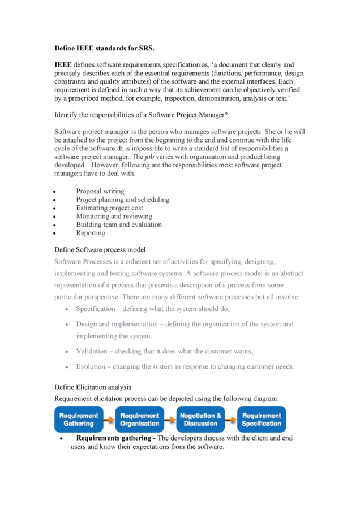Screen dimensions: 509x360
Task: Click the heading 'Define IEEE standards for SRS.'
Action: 104,49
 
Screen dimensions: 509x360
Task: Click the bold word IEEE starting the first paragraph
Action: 63,65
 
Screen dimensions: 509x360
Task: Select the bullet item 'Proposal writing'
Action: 100,191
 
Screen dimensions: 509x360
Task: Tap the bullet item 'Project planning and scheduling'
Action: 122,200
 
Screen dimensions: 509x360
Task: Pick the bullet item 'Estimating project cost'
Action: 109,208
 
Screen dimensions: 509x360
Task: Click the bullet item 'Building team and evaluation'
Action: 119,225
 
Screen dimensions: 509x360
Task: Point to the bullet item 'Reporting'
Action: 91,232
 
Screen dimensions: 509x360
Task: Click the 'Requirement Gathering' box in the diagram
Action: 79,419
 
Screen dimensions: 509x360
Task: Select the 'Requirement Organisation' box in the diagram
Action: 140,419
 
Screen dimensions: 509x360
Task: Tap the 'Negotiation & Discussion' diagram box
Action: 200,419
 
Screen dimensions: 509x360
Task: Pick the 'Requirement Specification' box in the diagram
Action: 262,419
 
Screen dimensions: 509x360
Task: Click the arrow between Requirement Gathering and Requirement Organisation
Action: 109,419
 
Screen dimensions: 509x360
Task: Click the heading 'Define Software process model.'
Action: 101,249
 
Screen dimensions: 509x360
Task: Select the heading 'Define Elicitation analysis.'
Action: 93,387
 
